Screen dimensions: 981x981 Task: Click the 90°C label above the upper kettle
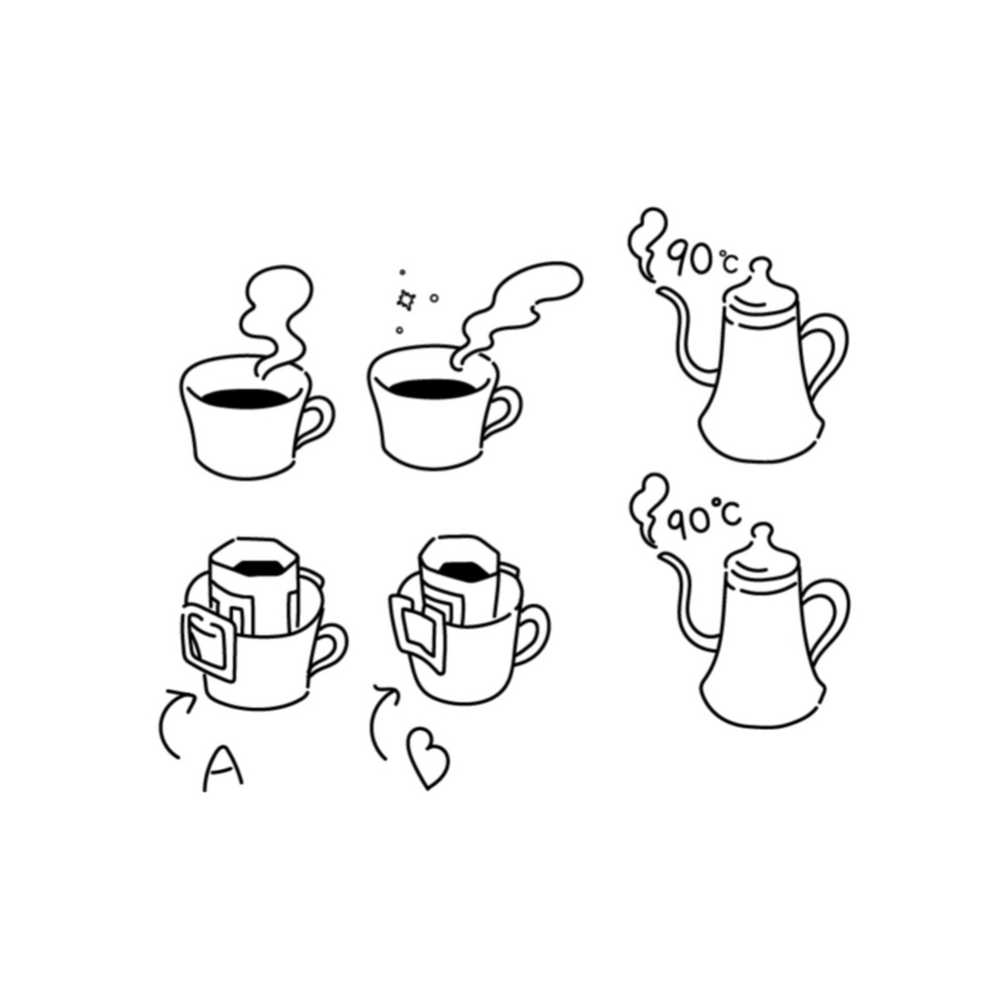point(702,261)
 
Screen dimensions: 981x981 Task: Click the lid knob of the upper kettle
point(762,269)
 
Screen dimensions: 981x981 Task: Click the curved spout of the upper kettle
point(685,334)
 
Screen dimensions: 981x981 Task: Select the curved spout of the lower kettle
point(685,600)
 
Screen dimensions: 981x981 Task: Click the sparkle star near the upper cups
point(406,300)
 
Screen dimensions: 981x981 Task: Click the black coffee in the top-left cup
point(245,397)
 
